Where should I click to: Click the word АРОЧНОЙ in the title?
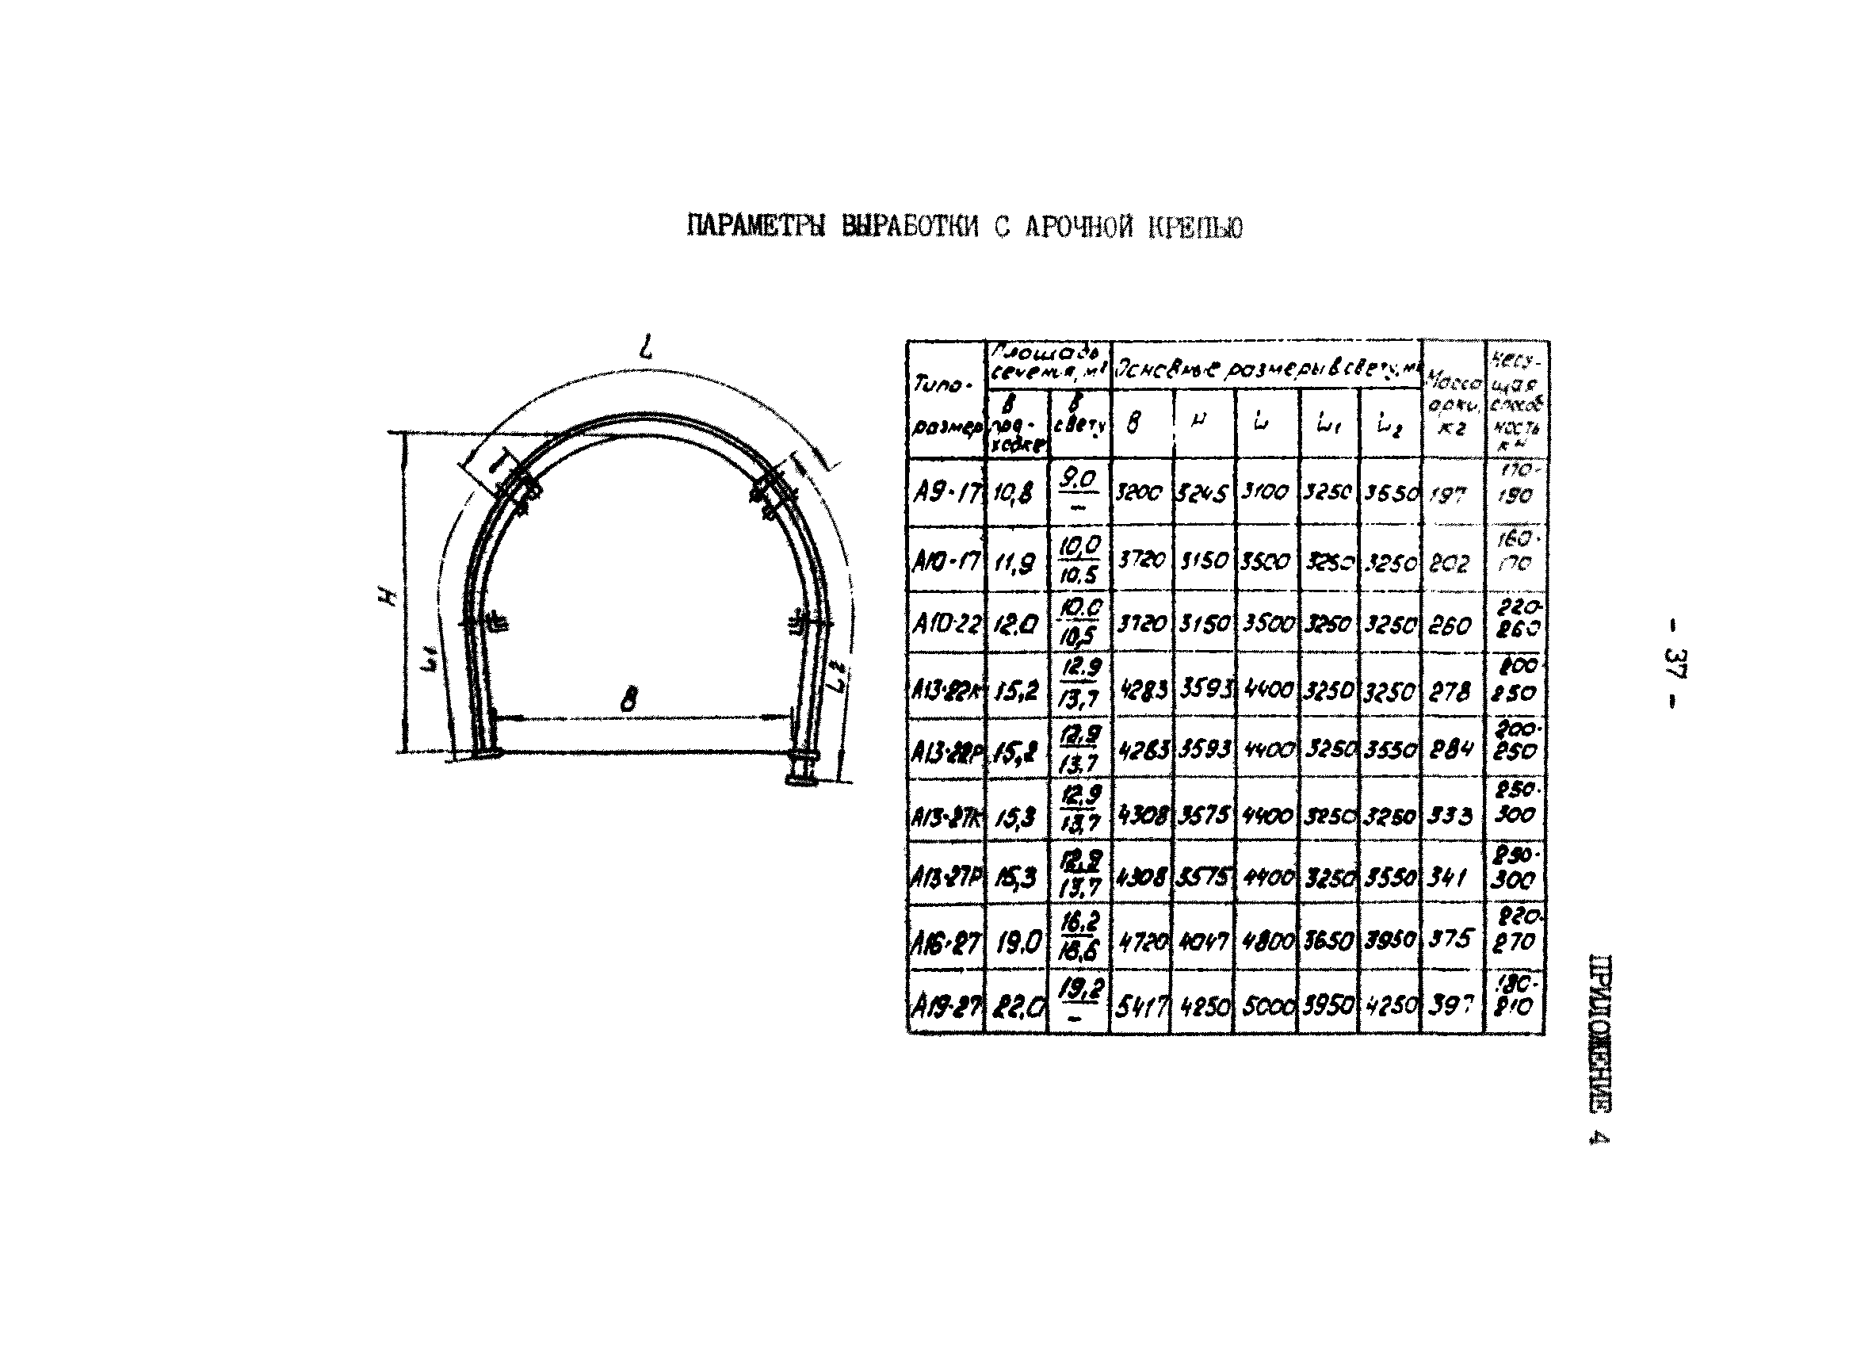point(1079,227)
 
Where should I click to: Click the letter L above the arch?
point(646,346)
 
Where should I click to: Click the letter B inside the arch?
point(629,700)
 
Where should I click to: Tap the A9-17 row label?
point(946,494)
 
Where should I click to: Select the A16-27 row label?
point(946,941)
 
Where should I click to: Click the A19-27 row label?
point(946,1005)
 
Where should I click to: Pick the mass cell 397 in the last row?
point(1451,1005)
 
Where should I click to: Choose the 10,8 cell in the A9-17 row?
point(1015,494)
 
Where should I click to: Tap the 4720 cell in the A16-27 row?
point(1140,942)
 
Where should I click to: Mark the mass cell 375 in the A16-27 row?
point(1451,939)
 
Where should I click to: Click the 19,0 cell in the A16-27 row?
point(1017,942)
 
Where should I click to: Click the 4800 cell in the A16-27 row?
point(1266,942)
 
